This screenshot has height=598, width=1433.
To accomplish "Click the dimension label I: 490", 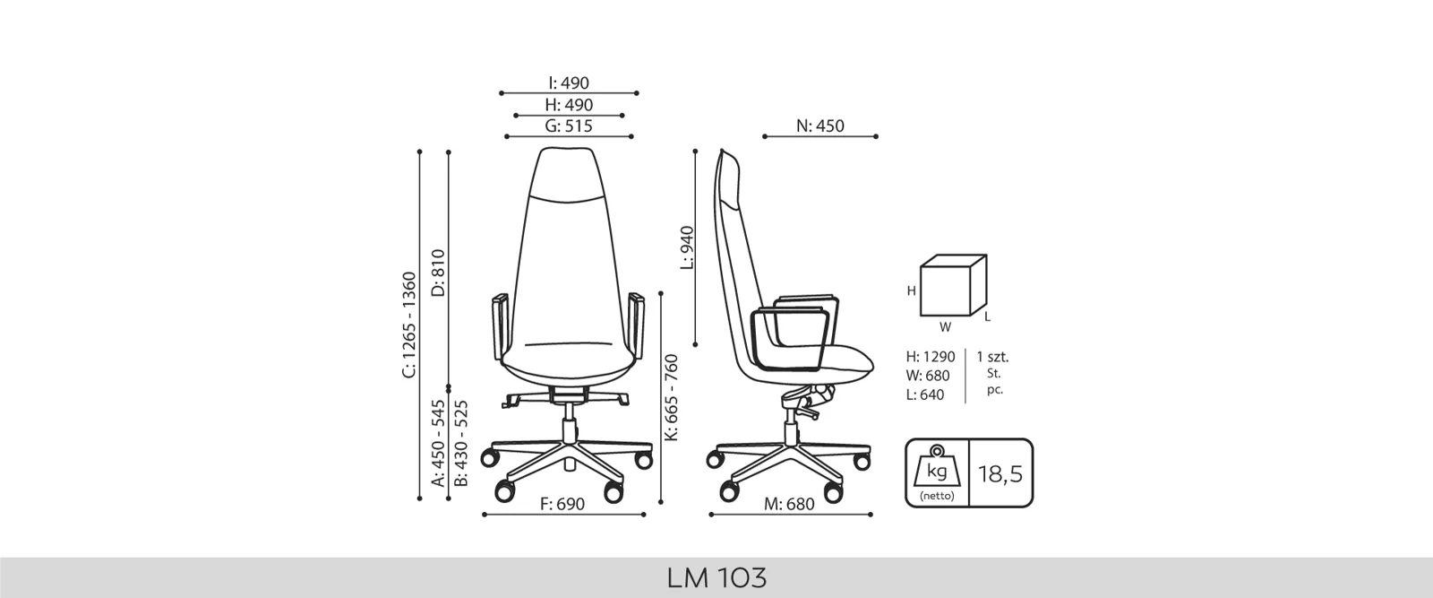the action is pos(569,83).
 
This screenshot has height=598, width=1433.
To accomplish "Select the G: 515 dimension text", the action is pos(569,126).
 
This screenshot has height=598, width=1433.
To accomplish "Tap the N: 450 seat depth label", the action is pos(820,126).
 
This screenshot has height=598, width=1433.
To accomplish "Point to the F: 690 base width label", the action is pos(562,505).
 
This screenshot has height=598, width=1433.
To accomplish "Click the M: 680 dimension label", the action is pos(789,505).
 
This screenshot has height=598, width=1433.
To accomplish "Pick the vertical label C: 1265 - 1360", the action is pos(408,325).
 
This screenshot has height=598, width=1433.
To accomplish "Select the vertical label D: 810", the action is pos(438,273).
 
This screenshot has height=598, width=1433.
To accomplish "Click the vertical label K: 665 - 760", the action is pos(671,397).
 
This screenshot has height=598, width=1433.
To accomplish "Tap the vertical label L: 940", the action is pos(686,247).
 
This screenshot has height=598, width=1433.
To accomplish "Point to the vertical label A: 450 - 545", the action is pos(438,443).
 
